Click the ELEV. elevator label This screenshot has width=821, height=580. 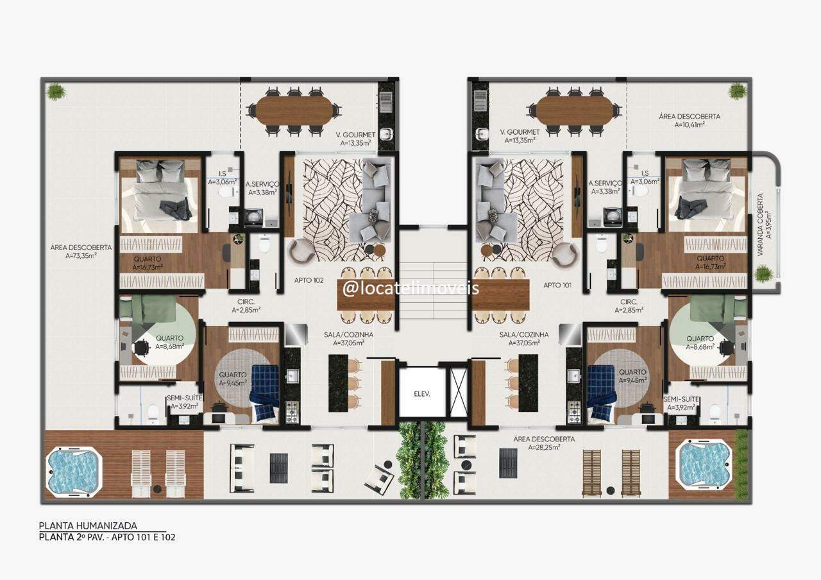422,394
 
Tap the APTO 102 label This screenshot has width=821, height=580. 309,280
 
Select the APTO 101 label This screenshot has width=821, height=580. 557,285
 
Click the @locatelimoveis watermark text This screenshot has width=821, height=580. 410,288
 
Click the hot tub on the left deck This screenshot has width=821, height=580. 74,472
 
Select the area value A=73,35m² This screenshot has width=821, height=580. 81,255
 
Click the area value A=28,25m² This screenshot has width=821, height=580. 544,447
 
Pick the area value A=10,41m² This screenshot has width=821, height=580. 690,124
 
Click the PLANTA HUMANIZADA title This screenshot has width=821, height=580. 88,525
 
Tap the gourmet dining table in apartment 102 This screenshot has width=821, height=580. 294,110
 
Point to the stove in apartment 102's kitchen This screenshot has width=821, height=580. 292,412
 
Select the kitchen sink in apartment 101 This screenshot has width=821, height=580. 574,375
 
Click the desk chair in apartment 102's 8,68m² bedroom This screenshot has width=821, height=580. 141,347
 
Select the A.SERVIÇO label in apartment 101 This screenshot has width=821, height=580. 605,183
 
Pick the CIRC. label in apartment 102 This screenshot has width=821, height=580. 246,302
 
